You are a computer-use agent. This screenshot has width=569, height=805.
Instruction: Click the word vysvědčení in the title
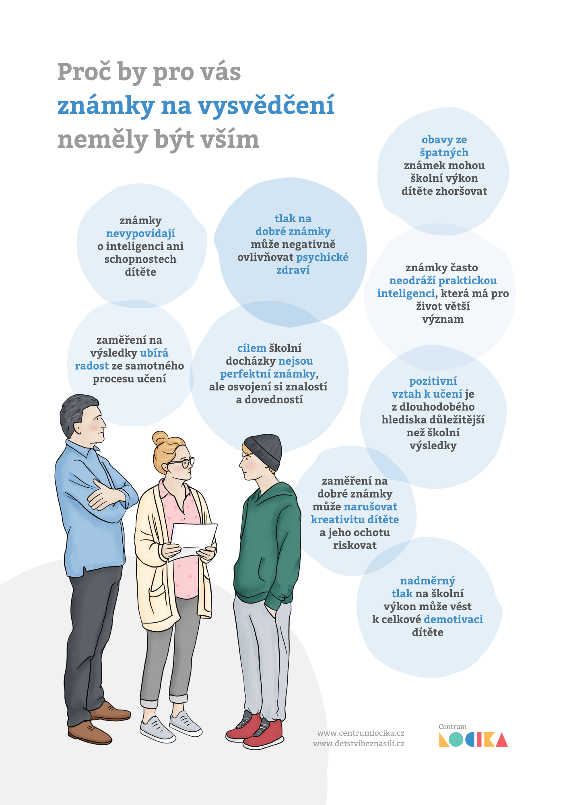(266, 106)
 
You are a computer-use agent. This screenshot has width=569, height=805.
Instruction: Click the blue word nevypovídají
(140, 234)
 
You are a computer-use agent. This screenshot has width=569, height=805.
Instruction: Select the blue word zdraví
(293, 270)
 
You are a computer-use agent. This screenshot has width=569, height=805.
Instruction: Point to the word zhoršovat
(462, 191)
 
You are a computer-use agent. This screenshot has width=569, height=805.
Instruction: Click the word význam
(443, 320)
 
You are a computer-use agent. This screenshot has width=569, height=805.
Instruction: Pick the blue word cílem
(252, 348)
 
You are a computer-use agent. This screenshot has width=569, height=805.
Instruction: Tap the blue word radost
(92, 366)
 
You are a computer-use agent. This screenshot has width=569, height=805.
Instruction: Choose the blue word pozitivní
(433, 381)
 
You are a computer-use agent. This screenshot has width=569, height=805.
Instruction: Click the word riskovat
(355, 545)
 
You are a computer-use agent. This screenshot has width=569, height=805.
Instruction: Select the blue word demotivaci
(454, 619)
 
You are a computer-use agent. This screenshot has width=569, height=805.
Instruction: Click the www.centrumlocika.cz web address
(361, 733)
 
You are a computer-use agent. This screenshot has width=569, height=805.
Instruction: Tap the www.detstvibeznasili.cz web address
(359, 743)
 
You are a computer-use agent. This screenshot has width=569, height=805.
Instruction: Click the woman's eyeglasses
(183, 463)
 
